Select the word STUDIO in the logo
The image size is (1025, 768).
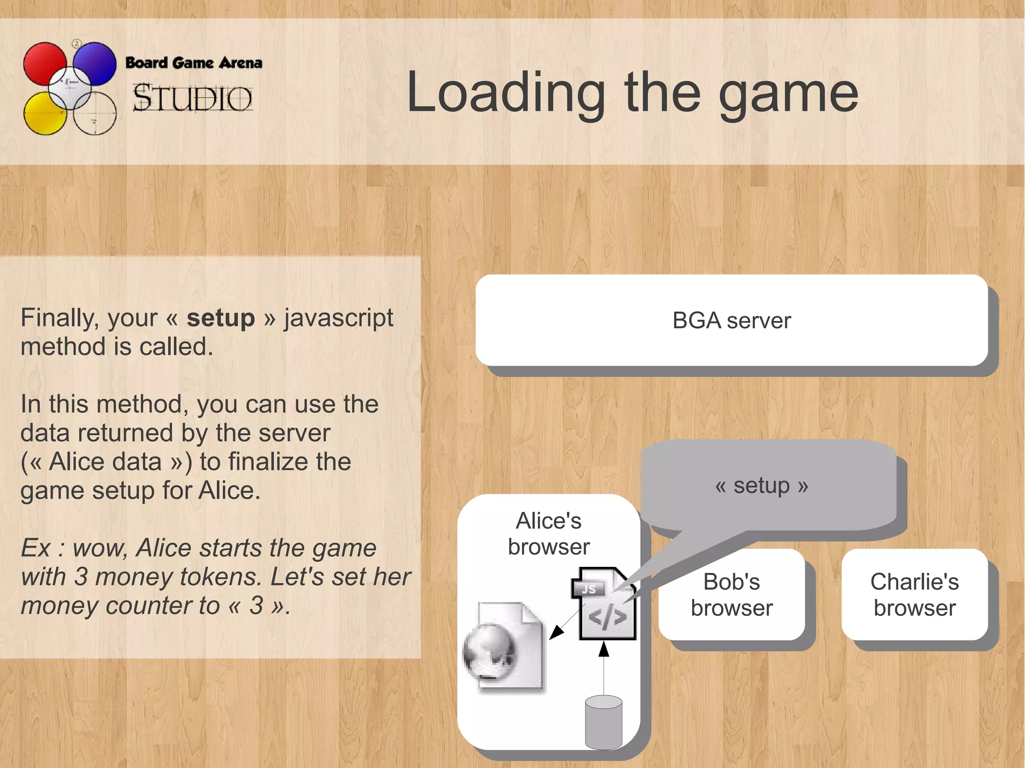192,98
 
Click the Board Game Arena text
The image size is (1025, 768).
194,63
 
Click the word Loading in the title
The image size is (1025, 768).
505,93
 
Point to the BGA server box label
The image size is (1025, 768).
731,321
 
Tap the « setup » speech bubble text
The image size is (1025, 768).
761,485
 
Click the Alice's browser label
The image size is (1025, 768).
549,534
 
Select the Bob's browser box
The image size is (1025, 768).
731,594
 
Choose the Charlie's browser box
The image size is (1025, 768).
914,594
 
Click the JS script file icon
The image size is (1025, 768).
604,604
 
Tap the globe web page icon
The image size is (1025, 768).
503,648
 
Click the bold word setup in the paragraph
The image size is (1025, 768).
221,318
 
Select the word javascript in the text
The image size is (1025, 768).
339,318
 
